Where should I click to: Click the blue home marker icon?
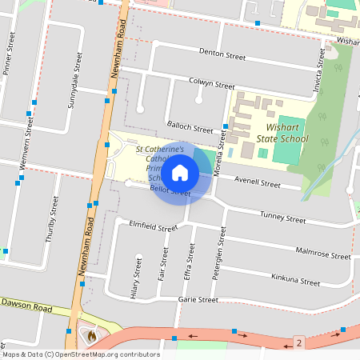181,172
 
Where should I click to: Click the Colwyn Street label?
211,83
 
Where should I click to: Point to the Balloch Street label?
190,126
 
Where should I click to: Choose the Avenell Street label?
257,183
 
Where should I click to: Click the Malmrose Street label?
322,254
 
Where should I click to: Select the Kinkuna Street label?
295,281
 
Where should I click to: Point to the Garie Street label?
198,300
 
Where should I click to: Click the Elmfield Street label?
153,227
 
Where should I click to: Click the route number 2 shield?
298,342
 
